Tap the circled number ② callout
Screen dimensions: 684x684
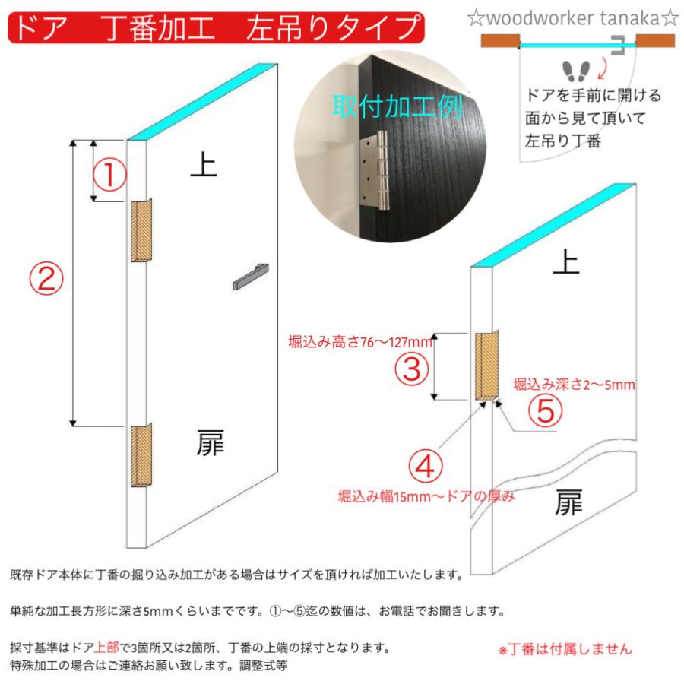[46, 279]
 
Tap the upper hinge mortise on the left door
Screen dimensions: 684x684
[141, 231]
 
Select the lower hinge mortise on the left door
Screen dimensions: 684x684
[141, 456]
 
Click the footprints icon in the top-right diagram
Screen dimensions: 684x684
[576, 71]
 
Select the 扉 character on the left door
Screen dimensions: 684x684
[206, 443]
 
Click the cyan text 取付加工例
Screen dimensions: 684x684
[397, 106]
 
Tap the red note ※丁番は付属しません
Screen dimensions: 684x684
[565, 650]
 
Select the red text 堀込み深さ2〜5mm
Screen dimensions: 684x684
[574, 385]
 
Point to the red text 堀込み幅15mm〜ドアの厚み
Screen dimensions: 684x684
[426, 497]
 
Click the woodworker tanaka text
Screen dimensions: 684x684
[572, 18]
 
